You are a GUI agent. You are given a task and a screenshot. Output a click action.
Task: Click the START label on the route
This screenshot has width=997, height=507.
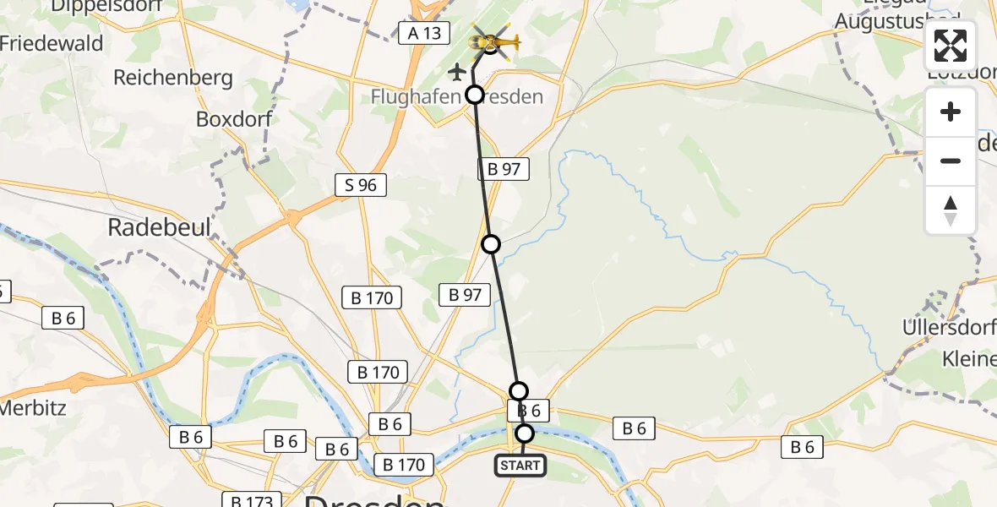point(520,466)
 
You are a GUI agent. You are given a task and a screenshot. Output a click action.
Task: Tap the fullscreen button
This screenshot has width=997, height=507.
point(951,46)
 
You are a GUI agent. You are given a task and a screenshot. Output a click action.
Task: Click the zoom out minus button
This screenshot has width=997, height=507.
point(951,161)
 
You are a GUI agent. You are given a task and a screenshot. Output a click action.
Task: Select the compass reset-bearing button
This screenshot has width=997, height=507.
point(951,210)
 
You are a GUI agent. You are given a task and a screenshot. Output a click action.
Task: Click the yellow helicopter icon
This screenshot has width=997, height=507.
point(493,41)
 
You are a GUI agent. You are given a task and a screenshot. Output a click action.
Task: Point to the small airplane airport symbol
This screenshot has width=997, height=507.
point(457,71)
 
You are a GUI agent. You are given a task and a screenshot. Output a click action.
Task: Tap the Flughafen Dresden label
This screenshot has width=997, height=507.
point(456,97)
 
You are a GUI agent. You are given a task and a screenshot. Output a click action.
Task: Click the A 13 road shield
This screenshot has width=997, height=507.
point(423,33)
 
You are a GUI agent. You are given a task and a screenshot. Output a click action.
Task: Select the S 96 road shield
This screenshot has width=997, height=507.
point(361,185)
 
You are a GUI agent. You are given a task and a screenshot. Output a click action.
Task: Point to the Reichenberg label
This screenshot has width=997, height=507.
point(172,79)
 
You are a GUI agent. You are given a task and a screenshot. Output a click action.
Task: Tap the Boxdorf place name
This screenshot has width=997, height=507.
point(234,119)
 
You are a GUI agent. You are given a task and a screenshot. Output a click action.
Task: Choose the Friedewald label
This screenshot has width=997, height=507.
point(52,44)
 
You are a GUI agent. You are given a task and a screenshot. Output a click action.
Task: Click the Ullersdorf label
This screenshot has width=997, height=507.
point(949,327)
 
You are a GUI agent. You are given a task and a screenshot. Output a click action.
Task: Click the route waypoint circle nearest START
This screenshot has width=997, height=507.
point(525,433)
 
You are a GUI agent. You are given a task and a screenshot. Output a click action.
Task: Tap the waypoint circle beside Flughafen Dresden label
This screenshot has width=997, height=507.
point(475,95)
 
